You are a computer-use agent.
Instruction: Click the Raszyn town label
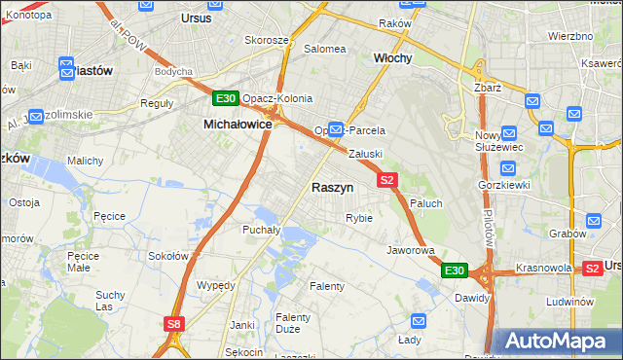(x=332, y=187)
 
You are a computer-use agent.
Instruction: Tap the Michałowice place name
(x=238, y=125)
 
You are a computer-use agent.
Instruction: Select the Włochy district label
(x=393, y=58)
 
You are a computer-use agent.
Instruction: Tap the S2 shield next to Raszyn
(x=387, y=180)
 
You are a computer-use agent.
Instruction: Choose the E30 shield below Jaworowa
(x=454, y=270)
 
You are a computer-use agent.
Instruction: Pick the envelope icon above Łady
(x=418, y=320)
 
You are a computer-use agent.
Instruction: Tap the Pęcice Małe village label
(x=84, y=263)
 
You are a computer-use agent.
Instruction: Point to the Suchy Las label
(x=110, y=301)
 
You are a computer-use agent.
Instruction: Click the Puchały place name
(x=261, y=231)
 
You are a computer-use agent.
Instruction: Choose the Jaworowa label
(x=410, y=250)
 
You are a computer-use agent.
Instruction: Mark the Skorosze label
(x=267, y=40)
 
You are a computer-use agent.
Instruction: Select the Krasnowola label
(x=543, y=267)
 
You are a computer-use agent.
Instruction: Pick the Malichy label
(x=84, y=161)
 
